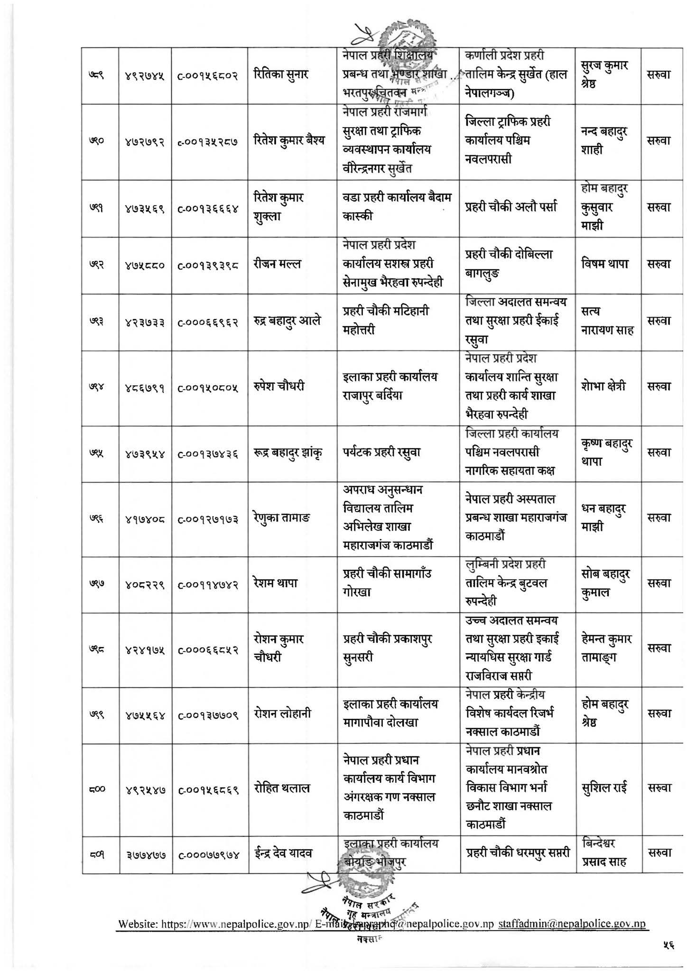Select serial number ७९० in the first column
[x=100, y=141]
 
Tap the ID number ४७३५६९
[x=145, y=208]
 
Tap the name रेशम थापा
[x=276, y=583]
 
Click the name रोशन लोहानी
[x=282, y=714]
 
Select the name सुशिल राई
[x=604, y=788]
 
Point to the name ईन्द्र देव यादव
[x=283, y=854]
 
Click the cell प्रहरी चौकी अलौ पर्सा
[x=511, y=208]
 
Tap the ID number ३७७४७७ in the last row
[x=145, y=854]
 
